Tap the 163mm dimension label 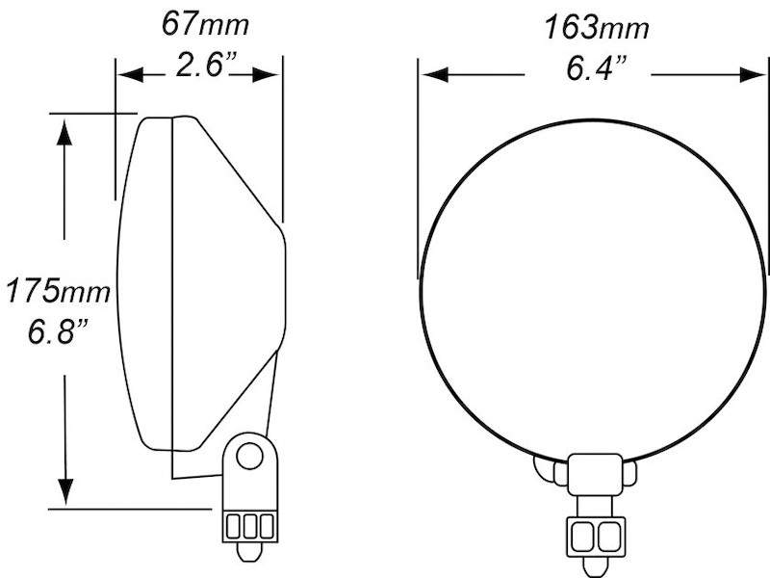(x=597, y=27)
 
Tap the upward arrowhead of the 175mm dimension (x=64, y=131)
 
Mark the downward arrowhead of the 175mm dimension (x=64, y=490)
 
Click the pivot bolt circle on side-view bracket (x=249, y=455)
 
